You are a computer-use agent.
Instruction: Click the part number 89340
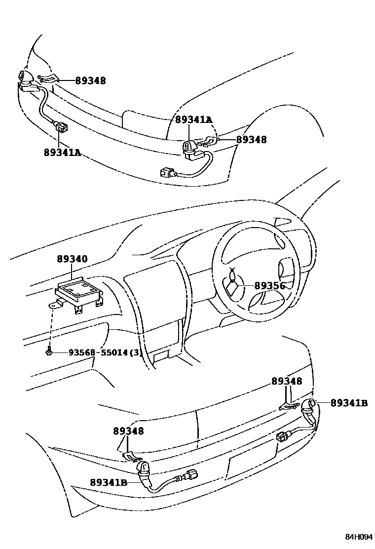pyautogui.click(x=72, y=259)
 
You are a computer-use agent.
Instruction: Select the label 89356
pyautogui.click(x=270, y=285)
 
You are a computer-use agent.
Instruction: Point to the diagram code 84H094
pyautogui.click(x=358, y=537)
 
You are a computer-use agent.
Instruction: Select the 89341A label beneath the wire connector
pyautogui.click(x=62, y=153)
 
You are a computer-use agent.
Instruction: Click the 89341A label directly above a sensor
pyautogui.click(x=194, y=119)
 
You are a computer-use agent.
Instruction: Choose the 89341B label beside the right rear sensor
pyautogui.click(x=349, y=403)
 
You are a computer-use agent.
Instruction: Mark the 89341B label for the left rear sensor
pyautogui.click(x=109, y=482)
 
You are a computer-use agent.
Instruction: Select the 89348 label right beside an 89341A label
pyautogui.click(x=251, y=140)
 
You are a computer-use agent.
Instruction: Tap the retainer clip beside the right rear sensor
pyautogui.click(x=288, y=406)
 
